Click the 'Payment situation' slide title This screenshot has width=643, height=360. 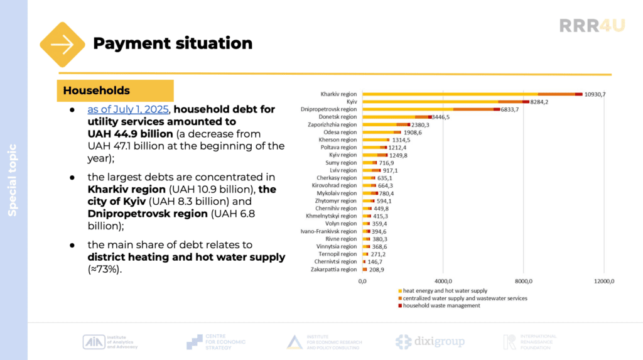[173, 43]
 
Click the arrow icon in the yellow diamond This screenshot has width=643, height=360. [62, 45]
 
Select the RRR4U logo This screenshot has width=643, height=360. [592, 26]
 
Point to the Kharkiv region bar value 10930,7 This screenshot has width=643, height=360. [599, 94]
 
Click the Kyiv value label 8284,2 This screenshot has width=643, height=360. [543, 102]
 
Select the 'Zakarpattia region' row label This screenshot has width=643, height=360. [334, 270]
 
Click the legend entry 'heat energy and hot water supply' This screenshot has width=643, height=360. [445, 291]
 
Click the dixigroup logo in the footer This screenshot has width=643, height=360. [430, 342]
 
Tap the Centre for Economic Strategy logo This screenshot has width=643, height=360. [217, 342]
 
